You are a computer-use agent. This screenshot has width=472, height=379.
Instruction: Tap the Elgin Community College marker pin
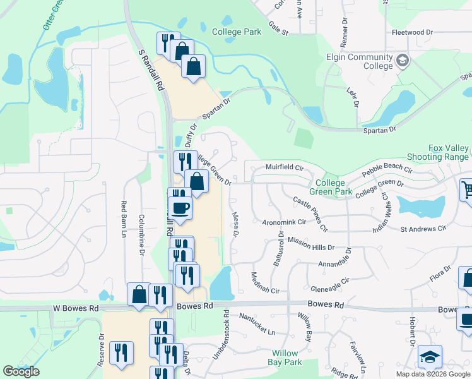pyautogui.click(x=403, y=61)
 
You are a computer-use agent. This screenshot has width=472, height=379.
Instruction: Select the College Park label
pyautogui.click(x=236, y=32)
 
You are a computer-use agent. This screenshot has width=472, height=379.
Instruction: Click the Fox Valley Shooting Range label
pyautogui.click(x=449, y=152)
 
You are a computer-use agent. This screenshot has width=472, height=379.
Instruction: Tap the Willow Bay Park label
pyautogui.click(x=286, y=358)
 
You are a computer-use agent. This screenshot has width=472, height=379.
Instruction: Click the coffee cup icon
pyautogui.click(x=180, y=209)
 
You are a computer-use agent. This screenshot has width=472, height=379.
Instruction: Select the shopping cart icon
pyautogui.click(x=467, y=189)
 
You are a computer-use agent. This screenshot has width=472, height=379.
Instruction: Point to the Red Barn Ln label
pyautogui.click(x=124, y=219)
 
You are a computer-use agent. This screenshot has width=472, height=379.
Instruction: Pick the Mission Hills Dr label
pyautogui.click(x=310, y=243)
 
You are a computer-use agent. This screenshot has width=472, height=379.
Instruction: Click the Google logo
pyautogui.click(x=21, y=371)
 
